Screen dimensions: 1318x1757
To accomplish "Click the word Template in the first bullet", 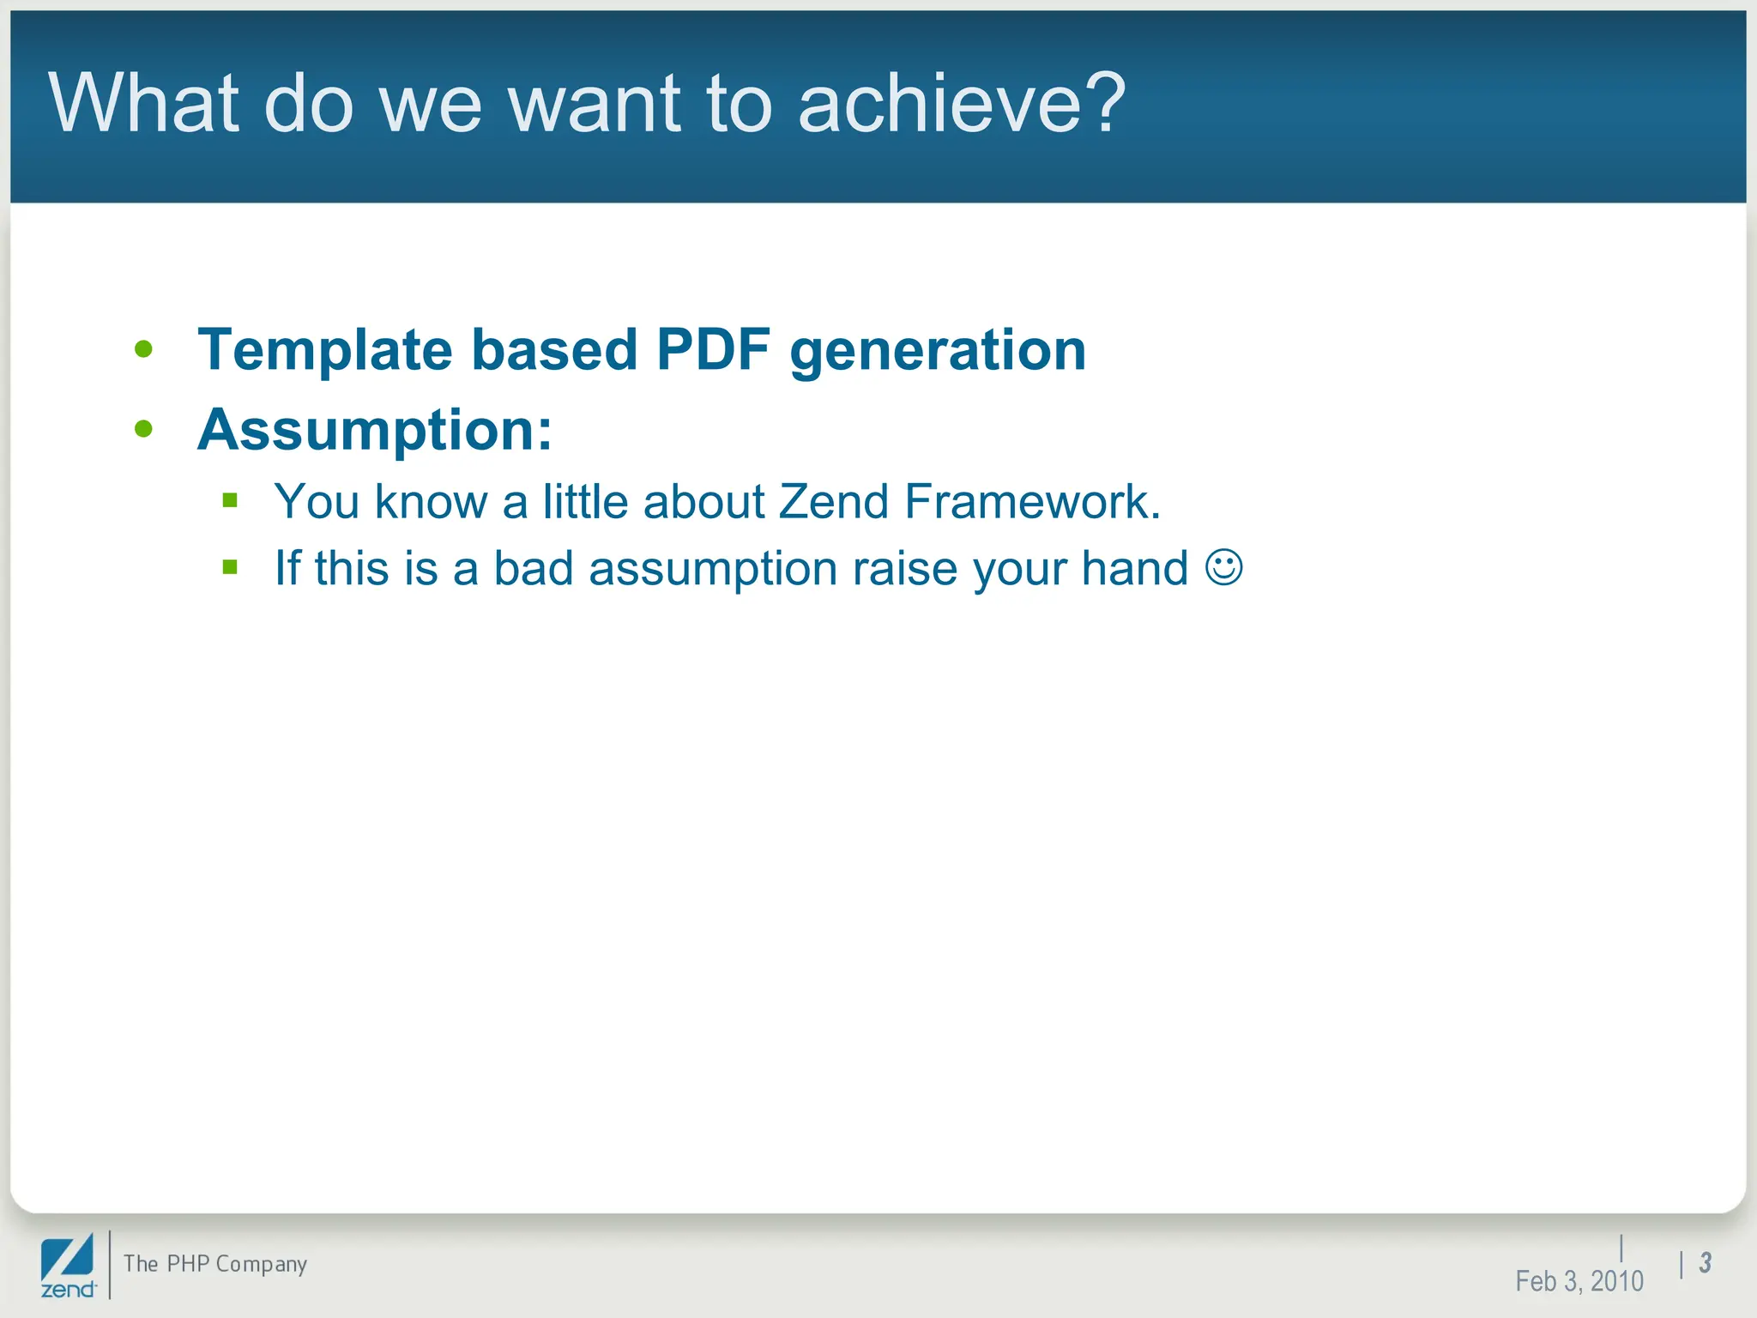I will (324, 350).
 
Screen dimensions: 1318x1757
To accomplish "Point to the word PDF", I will (712, 350).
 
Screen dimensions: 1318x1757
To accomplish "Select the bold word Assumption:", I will (375, 430).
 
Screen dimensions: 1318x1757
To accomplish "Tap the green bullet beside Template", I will (143, 349).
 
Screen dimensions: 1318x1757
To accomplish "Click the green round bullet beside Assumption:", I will (143, 428).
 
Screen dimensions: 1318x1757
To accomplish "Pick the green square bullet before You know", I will (229, 499).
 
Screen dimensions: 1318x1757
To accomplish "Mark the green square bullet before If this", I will (229, 566).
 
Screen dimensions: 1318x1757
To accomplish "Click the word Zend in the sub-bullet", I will (833, 501).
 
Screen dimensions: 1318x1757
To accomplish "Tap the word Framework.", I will (1032, 501).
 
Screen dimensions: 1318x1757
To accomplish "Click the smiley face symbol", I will (1223, 567).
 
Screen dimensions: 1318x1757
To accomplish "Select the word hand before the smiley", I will (1134, 568).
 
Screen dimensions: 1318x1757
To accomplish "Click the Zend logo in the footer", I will (68, 1266).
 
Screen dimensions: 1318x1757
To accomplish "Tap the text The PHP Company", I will (214, 1264).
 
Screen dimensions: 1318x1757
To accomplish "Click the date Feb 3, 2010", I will (1579, 1281).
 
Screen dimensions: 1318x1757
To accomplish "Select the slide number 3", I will (1706, 1262).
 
